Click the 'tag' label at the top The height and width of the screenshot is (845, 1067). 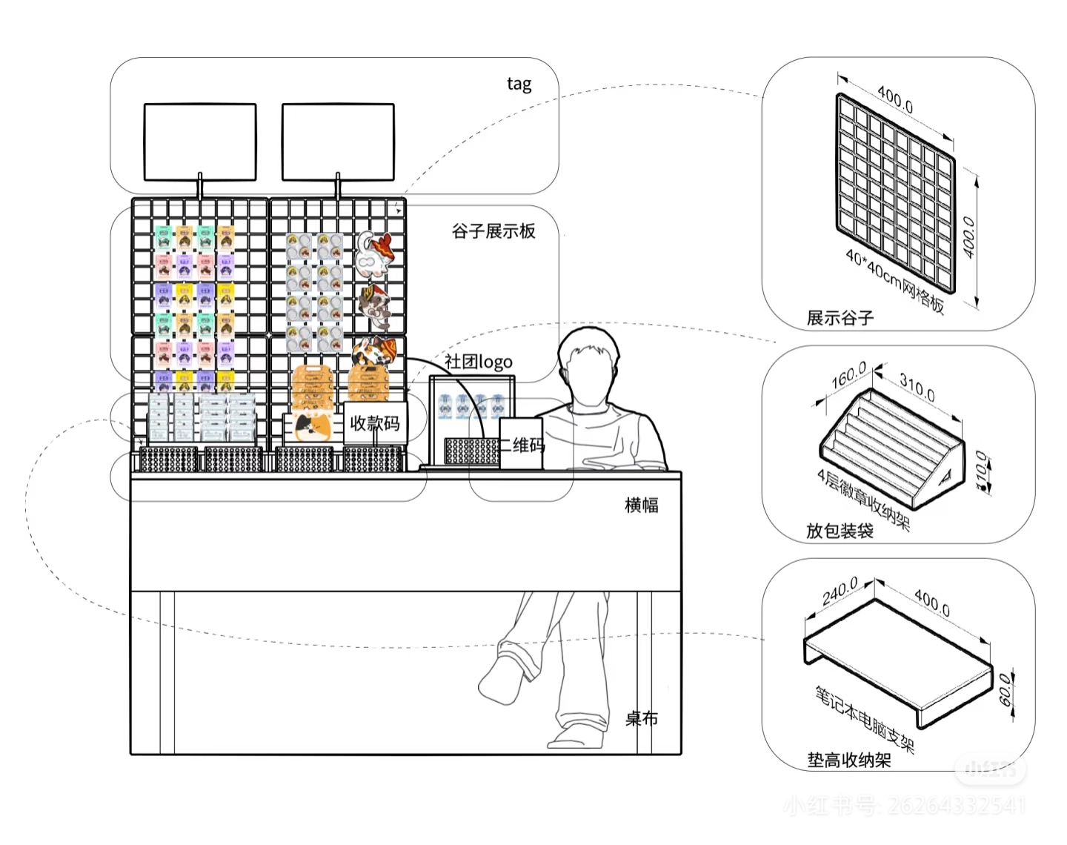pos(519,84)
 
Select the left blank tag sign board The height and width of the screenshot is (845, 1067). pos(200,142)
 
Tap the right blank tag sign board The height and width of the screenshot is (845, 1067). pos(338,142)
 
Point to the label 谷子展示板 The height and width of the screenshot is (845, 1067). pos(493,231)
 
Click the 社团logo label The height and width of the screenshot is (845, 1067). pos(479,362)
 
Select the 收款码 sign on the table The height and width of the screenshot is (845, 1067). pos(375,423)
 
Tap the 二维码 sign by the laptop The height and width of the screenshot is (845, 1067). pos(522,445)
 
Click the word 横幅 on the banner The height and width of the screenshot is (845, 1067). pos(642,505)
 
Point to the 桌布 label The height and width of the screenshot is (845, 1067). pos(642,718)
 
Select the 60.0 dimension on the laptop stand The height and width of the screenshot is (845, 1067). pos(1005,689)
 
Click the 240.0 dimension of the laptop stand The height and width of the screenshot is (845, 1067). pos(840,591)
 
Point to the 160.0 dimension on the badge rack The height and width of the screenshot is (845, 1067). pos(849,377)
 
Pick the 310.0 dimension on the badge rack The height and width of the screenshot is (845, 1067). pos(917,387)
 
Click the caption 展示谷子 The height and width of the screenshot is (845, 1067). pos(840,318)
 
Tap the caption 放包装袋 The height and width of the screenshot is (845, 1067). pos(840,531)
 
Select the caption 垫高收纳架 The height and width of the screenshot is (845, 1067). pos(849,760)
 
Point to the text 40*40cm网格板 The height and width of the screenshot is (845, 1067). pos(895,282)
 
